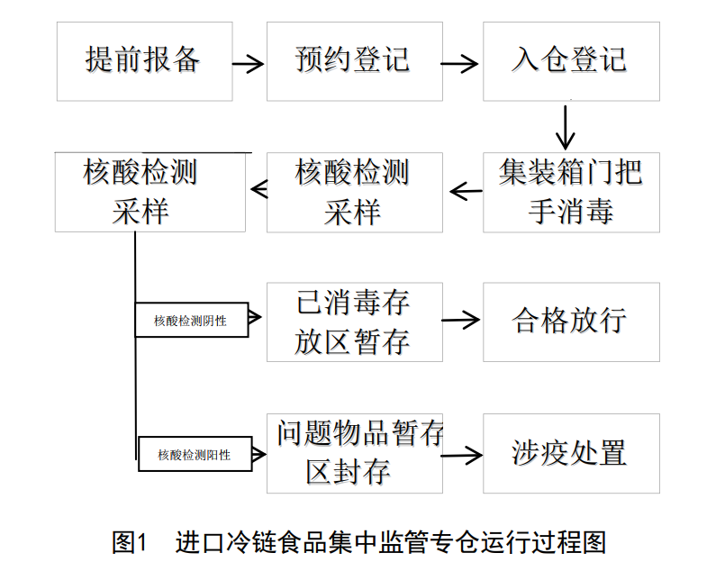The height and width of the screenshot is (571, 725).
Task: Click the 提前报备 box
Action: [x=143, y=61]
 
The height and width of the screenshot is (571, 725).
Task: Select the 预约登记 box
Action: [x=354, y=61]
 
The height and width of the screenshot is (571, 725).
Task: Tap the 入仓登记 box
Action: [x=571, y=61]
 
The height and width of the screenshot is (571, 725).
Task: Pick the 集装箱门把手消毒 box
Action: [x=571, y=192]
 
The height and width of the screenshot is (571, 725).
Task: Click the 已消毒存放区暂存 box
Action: [x=354, y=322]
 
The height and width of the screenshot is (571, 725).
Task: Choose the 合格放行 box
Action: [x=571, y=322]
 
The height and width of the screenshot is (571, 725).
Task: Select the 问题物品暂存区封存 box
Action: [x=354, y=453]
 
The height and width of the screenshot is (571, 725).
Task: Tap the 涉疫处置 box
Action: [x=571, y=453]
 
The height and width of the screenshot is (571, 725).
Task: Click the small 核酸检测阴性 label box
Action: [x=191, y=321]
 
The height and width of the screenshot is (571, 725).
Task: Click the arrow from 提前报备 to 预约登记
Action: [x=248, y=64]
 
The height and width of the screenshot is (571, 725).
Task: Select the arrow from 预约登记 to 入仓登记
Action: [x=461, y=64]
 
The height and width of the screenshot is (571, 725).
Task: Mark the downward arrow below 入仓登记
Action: [x=566, y=127]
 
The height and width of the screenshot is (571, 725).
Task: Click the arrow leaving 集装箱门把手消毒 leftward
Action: [x=465, y=191]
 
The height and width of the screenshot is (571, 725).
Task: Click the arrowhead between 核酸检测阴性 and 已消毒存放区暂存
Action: [x=255, y=316]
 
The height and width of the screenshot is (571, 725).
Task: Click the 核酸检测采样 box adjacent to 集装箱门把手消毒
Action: [x=354, y=192]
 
